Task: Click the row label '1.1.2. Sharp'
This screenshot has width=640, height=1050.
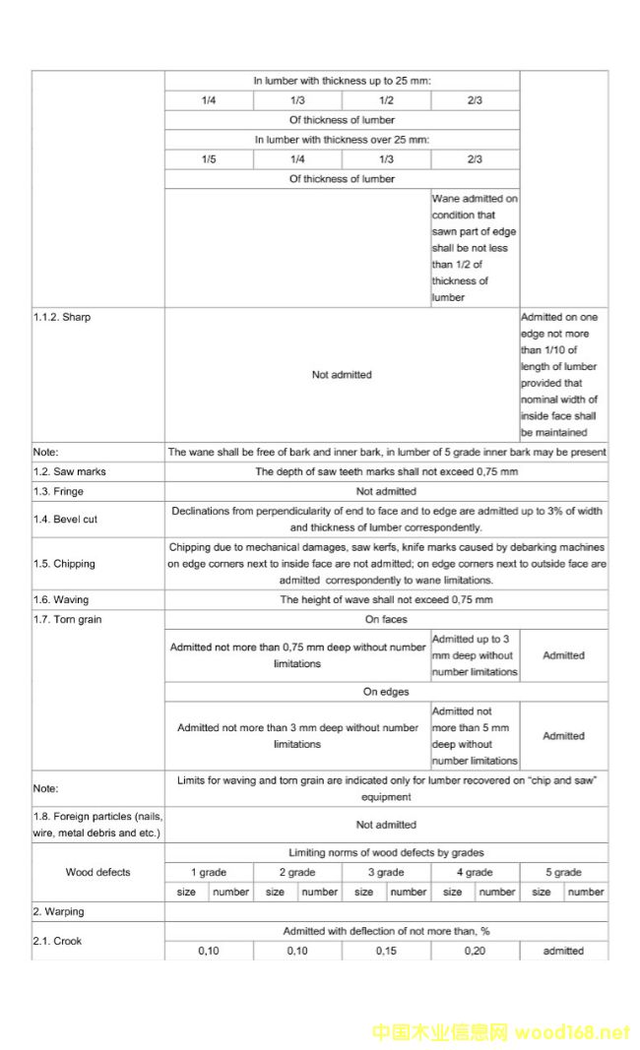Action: tap(62, 318)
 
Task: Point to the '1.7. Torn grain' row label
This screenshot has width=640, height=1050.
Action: tap(67, 619)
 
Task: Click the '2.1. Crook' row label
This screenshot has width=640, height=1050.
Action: tap(56, 941)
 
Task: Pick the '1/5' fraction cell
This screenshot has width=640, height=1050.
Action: tap(209, 159)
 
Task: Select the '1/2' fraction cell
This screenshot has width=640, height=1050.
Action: tap(386, 100)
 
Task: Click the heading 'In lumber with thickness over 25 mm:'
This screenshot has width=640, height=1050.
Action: tap(342, 140)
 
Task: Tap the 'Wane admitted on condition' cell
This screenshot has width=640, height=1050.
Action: tap(475, 247)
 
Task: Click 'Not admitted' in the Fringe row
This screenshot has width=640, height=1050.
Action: tap(386, 491)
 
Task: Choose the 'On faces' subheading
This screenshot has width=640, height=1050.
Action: tap(386, 619)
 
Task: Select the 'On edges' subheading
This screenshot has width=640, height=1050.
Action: tap(386, 692)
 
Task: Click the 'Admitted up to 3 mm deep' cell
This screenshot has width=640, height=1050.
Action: tap(475, 655)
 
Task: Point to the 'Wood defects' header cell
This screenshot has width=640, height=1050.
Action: tap(97, 872)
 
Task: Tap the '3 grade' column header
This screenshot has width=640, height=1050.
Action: tap(386, 872)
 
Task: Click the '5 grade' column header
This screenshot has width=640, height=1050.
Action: tap(563, 872)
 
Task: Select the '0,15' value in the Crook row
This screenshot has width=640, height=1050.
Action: tap(386, 951)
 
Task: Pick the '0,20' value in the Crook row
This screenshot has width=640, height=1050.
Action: tap(475, 951)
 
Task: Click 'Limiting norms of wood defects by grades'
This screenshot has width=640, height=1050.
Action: tap(386, 852)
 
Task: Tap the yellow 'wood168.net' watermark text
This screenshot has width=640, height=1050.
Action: tap(571, 1032)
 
